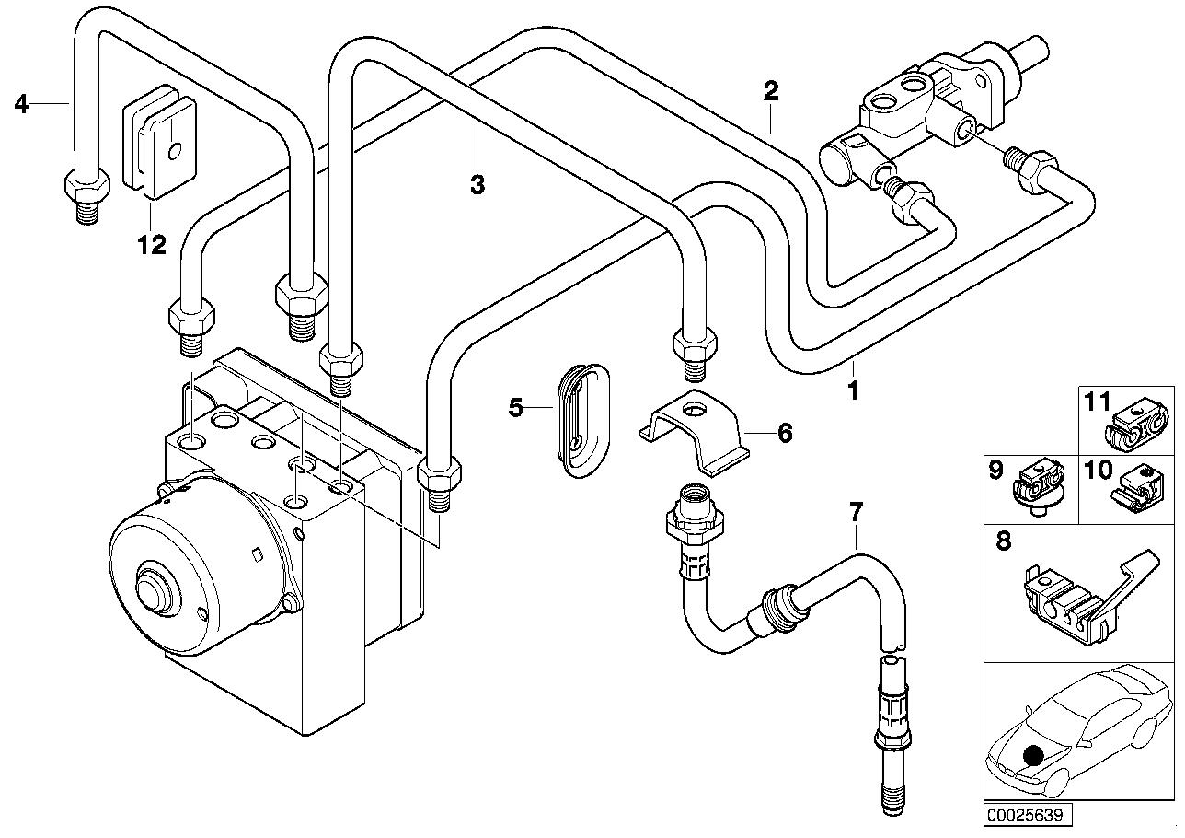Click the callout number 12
pos(152,245)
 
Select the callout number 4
pos(22,104)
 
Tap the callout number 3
pos(477,185)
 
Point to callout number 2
pos(771,90)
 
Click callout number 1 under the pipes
pos(853,391)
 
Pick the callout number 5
pos(515,406)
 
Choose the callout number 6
pos(784,432)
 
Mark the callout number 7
pos(856,511)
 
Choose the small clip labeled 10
pos(1137,487)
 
